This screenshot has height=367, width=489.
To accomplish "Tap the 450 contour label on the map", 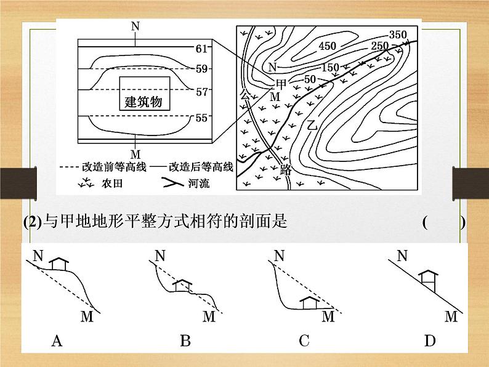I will point(328,46).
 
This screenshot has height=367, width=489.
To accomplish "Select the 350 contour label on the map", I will point(399,34).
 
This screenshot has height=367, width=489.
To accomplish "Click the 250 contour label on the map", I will point(380,46).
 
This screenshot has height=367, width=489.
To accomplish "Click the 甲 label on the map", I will point(280,83).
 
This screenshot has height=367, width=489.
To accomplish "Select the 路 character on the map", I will point(285,170).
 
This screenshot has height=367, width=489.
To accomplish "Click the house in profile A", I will point(59,263).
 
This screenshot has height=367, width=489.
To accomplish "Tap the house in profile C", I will point(310,301).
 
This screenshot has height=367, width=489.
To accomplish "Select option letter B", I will point(185,340).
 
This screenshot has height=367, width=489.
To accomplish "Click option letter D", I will point(429,340).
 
